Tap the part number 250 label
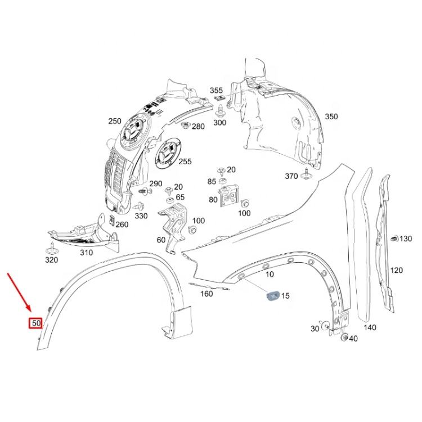[x=114, y=121]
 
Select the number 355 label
[x=217, y=90]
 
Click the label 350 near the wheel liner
[x=331, y=116]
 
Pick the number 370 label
[x=291, y=176]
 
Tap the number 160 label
[x=206, y=293]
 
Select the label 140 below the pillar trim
[x=369, y=327]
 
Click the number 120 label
[x=396, y=270]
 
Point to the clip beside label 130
[x=393, y=239]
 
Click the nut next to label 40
[x=344, y=337]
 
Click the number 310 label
[x=86, y=253]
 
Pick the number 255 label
[x=185, y=161]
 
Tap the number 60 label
[x=161, y=240]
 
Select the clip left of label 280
[x=186, y=125]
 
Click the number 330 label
[x=141, y=216]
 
